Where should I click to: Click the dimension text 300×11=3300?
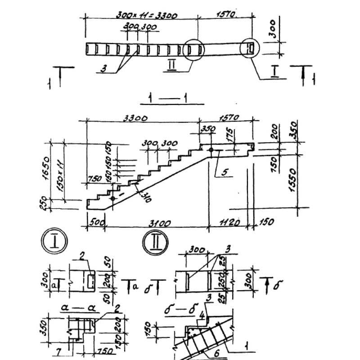pyautogui.click(x=146, y=15)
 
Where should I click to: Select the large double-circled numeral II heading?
pyautogui.click(x=155, y=243)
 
